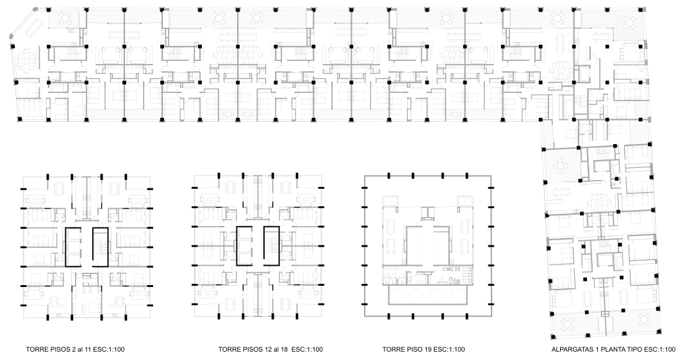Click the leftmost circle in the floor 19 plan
pyautogui.click(x=397, y=295)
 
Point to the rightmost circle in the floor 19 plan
pyautogui.click(x=458, y=295)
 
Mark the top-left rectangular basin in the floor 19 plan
pyautogui.click(x=390, y=200)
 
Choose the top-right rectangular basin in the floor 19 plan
pyautogui.click(x=465, y=200)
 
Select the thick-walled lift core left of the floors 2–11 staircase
pyautogui.click(x=72, y=247)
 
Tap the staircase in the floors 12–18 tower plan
pyautogui.click(x=271, y=246)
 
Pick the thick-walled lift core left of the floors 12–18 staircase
pyautogui.click(x=244, y=246)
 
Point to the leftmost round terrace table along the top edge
pyautogui.click(x=67, y=18)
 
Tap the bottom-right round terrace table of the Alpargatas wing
pyautogui.click(x=644, y=321)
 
